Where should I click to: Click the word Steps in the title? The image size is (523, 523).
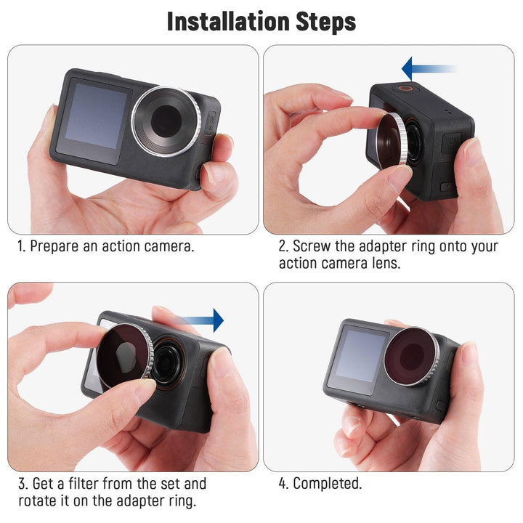pyautogui.click(x=325, y=22)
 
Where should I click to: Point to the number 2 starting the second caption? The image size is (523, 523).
pyautogui.click(x=283, y=246)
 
